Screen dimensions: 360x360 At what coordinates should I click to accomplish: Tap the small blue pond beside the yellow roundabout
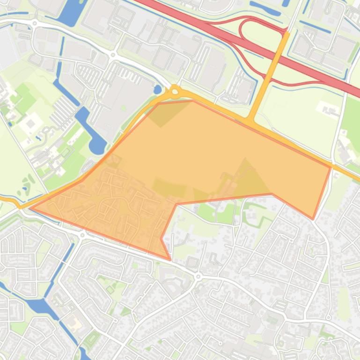click(158, 89)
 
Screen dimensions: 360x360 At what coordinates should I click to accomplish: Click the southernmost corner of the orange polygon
click(170, 259)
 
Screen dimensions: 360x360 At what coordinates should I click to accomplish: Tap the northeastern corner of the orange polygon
click(331, 167)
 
